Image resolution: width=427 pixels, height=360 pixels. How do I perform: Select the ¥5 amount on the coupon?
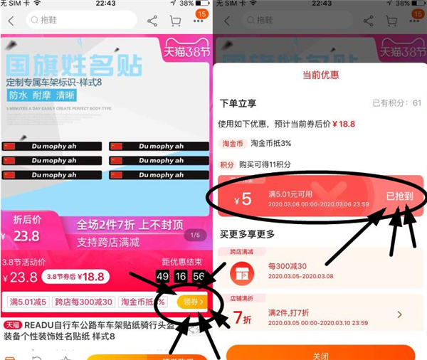243,198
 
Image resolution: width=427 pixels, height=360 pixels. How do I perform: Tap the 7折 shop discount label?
242,315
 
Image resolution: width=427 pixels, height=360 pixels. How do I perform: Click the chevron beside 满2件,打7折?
399,314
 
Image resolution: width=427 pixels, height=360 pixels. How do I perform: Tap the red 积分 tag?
227,164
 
